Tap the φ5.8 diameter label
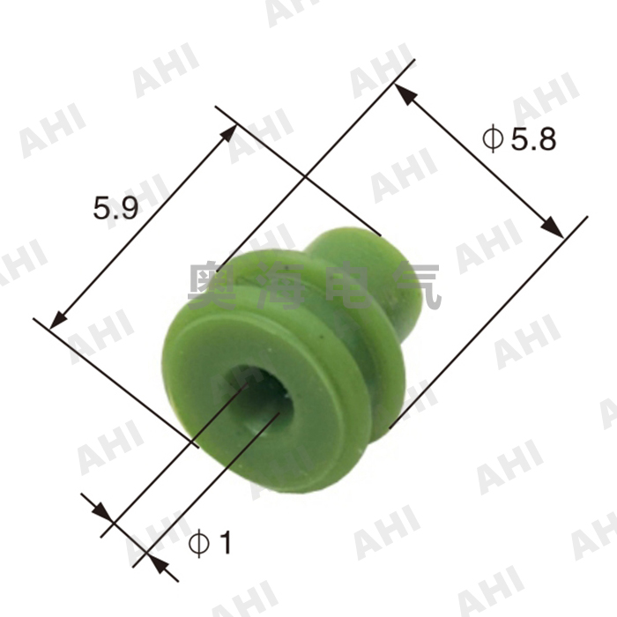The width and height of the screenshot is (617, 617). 519,138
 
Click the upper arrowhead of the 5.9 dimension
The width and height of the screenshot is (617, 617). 231,132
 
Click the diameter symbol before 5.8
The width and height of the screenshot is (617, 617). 492,138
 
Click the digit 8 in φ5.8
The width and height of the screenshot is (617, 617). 545,138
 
